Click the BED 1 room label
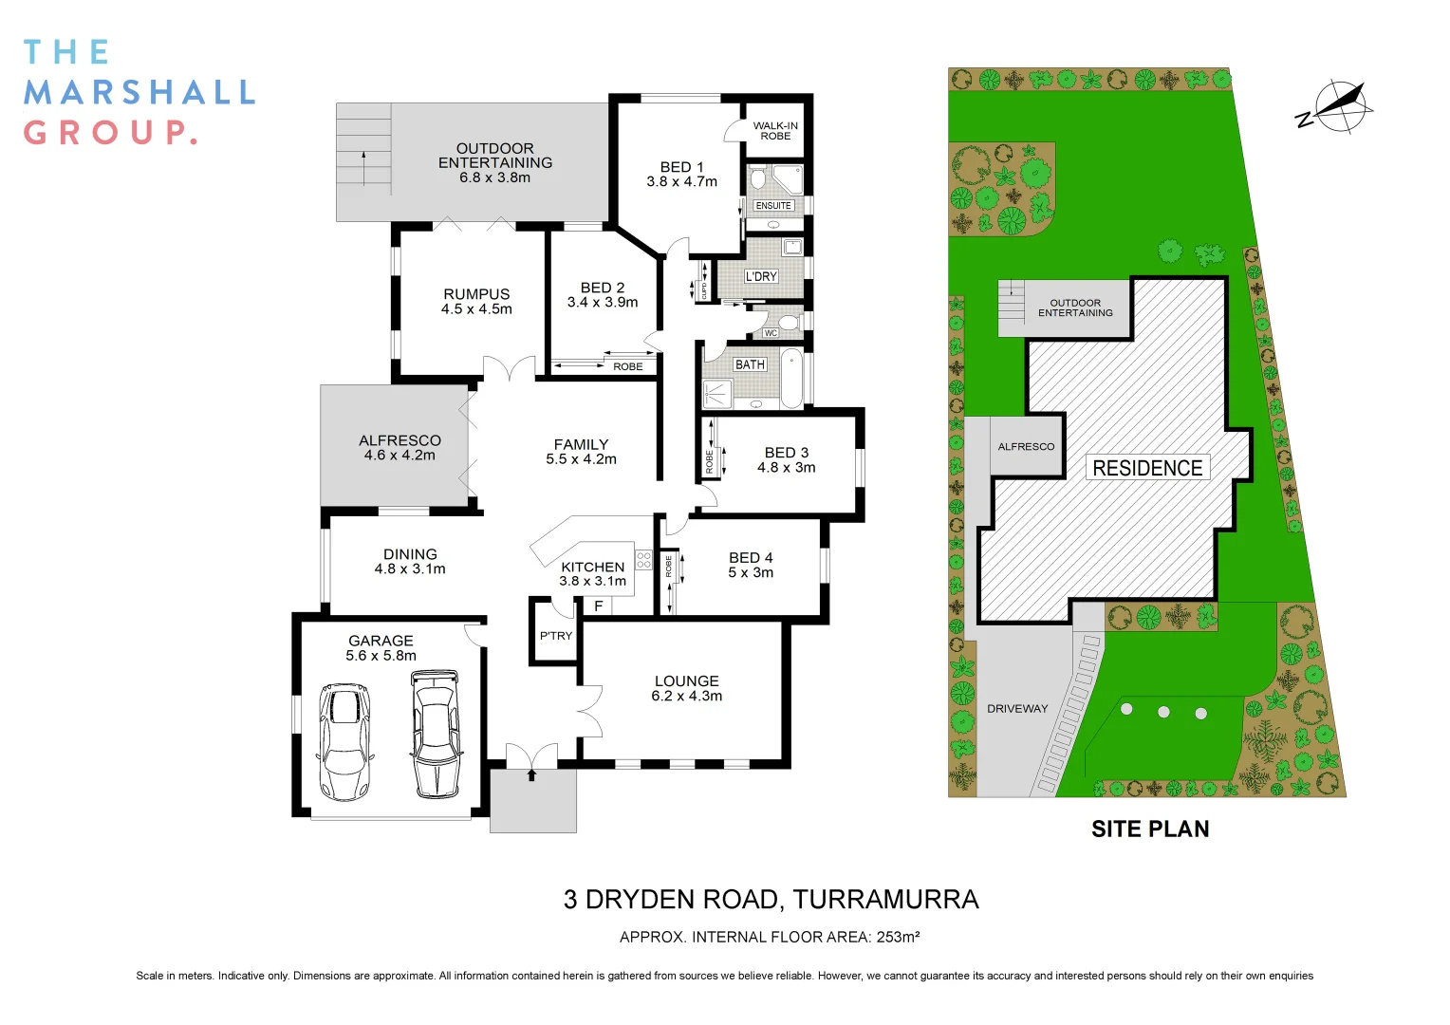click(681, 167)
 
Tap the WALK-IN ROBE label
click(775, 131)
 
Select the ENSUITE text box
click(773, 205)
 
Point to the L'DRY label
click(761, 276)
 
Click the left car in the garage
click(343, 741)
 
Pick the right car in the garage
click(436, 734)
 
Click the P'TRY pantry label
click(556, 636)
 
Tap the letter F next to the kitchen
click(599, 606)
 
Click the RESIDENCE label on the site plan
click(1147, 468)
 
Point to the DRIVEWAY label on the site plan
click(1017, 709)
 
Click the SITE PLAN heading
click(1150, 829)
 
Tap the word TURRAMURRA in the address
click(885, 900)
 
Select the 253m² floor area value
click(898, 938)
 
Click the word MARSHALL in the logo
click(139, 92)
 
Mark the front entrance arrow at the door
click(531, 774)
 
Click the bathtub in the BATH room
click(792, 377)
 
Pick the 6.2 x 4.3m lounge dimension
click(686, 697)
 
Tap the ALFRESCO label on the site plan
click(1026, 447)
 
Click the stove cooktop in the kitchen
click(643, 560)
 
